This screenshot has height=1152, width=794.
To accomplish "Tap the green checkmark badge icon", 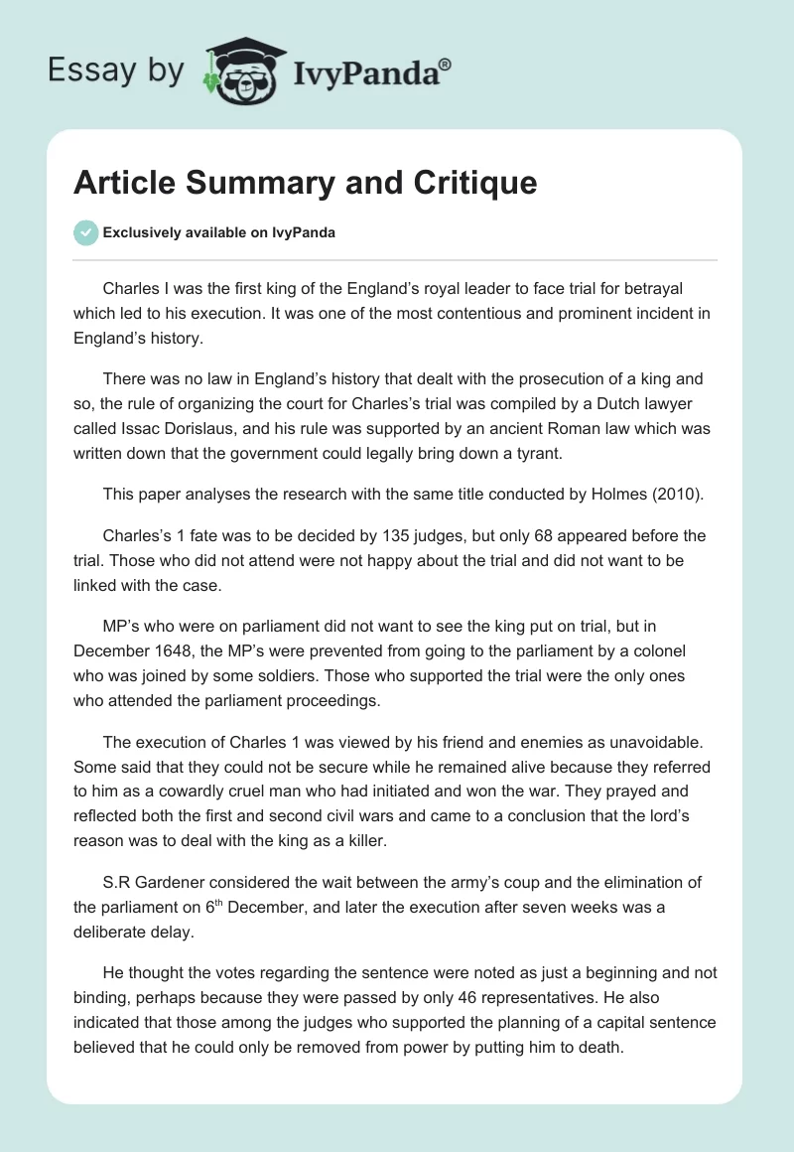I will (x=85, y=232).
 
